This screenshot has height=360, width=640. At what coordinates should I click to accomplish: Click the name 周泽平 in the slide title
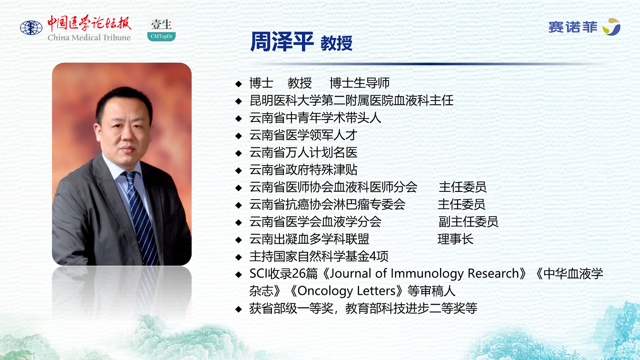(282, 42)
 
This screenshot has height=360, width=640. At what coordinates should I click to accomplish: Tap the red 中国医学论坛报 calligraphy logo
(89, 23)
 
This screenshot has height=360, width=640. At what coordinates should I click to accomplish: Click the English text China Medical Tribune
(89, 38)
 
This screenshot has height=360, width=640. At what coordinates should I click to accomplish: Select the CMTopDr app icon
(161, 28)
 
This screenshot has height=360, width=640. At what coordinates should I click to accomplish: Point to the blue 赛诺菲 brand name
(573, 27)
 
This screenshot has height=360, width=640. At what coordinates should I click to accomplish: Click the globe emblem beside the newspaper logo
(31, 28)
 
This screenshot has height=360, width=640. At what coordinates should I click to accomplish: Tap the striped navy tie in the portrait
(140, 217)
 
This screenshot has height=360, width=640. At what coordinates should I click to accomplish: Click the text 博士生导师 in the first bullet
(360, 83)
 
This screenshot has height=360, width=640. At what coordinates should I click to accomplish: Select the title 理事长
(455, 239)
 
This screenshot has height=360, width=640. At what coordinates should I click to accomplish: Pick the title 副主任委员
(469, 222)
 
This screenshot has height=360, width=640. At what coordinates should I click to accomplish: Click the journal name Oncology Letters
(346, 291)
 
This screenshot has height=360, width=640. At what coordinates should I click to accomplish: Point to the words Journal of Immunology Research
(424, 273)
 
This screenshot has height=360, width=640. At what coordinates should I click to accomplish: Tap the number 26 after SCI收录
(299, 273)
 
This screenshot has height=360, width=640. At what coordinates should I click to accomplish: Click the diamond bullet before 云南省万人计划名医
(239, 153)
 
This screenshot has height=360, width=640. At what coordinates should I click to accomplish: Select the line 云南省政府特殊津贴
(303, 170)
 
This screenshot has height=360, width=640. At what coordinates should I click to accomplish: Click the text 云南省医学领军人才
(303, 135)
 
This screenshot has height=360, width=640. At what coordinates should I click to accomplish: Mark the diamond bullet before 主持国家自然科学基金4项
(239, 258)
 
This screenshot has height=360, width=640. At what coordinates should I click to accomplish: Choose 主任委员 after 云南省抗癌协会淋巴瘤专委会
(461, 205)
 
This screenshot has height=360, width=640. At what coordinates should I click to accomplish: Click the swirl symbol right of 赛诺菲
(611, 27)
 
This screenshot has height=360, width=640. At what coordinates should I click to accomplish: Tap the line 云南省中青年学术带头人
(315, 118)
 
